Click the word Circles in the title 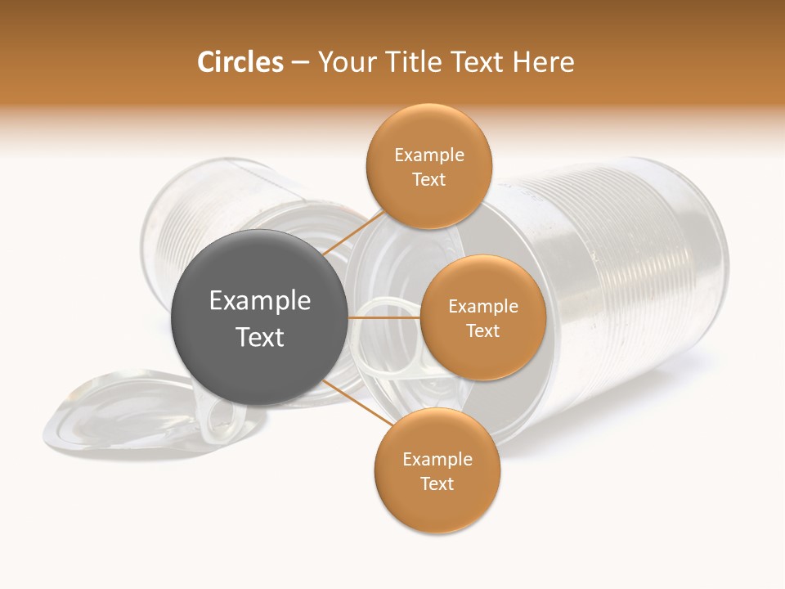[x=240, y=62]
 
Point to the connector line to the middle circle [x=384, y=317]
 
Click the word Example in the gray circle [x=260, y=301]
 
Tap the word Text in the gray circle [x=260, y=337]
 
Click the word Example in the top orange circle [x=428, y=155]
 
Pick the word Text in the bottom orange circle [x=437, y=483]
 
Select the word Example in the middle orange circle [x=482, y=307]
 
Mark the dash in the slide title [x=300, y=63]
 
